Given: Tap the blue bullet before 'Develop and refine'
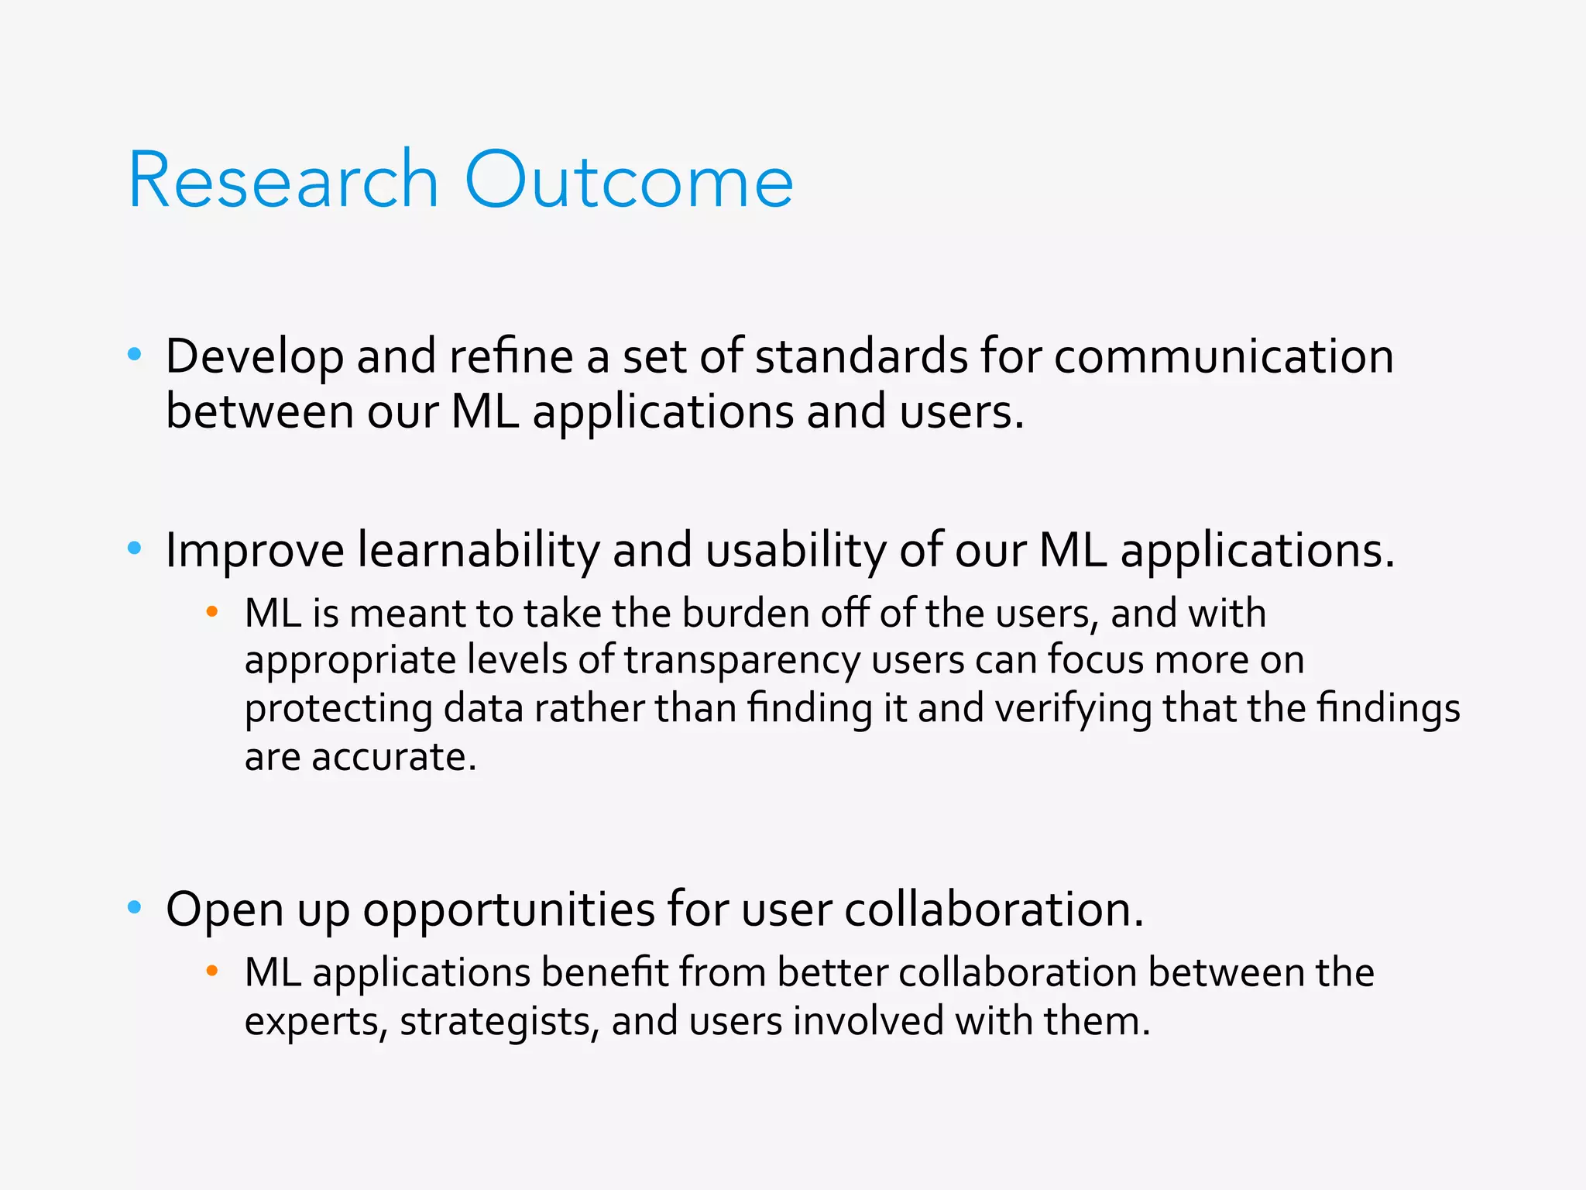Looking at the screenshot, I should click(x=135, y=355).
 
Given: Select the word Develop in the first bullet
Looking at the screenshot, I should click(x=254, y=358).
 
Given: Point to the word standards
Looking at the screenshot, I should click(x=861, y=356).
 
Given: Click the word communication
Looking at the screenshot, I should click(x=1224, y=356).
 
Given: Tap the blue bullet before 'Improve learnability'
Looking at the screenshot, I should click(x=135, y=549).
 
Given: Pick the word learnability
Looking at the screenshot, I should click(x=478, y=552).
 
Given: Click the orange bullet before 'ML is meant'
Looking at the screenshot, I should click(x=212, y=613).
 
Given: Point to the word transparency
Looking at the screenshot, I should click(x=742, y=662).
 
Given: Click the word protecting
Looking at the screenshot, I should click(x=338, y=710).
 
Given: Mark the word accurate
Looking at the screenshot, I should click(x=393, y=758).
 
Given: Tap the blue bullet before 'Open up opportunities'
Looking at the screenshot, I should click(x=135, y=907).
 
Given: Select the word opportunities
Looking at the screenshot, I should click(x=509, y=910).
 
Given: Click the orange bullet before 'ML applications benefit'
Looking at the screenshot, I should click(x=212, y=972).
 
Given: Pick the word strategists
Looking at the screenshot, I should click(x=499, y=1022).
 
